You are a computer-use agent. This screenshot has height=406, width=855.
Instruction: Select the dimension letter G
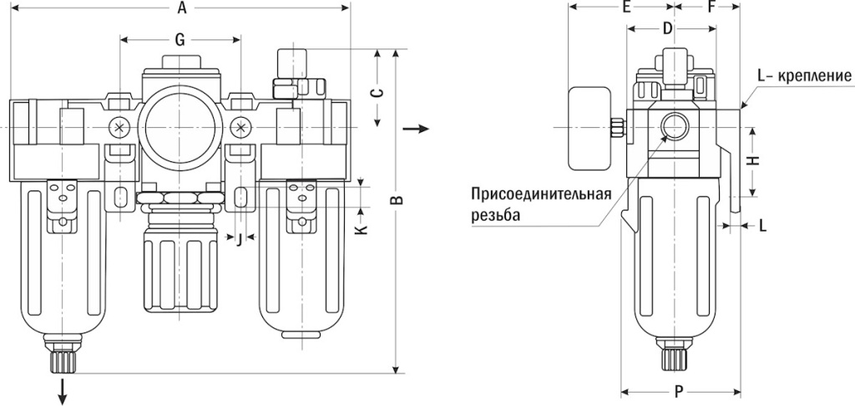(179, 39)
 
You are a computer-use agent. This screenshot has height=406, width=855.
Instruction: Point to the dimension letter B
(398, 200)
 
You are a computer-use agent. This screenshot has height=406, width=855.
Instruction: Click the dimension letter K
(361, 227)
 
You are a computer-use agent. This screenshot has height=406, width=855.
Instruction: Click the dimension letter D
(667, 28)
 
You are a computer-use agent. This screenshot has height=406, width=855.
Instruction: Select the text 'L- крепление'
(803, 76)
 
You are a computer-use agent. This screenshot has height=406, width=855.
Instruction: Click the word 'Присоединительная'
(541, 195)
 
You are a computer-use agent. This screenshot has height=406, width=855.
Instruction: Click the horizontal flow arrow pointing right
(417, 129)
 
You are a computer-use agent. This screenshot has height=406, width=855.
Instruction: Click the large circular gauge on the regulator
(180, 125)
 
